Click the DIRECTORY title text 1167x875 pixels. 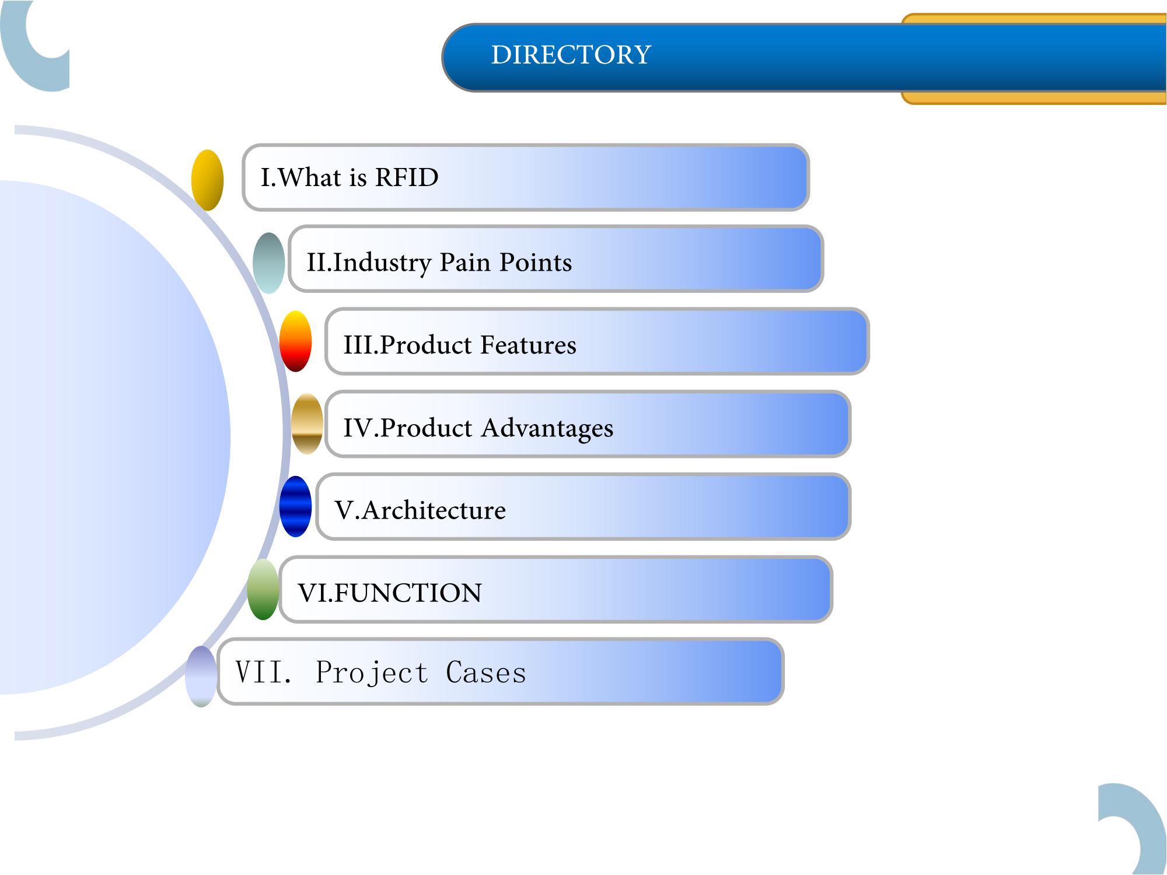[x=571, y=55]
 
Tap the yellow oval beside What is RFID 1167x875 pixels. [x=207, y=180]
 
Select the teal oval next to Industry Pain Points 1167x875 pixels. [x=269, y=262]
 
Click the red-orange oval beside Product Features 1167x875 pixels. [x=295, y=341]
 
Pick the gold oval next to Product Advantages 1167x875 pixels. [x=307, y=424]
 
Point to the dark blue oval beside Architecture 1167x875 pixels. [x=295, y=506]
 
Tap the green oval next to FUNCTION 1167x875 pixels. [x=263, y=589]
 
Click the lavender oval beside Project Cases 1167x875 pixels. [x=201, y=676]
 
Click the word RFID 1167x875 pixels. [x=406, y=177]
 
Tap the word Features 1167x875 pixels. [x=529, y=345]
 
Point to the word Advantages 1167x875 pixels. [x=547, y=429]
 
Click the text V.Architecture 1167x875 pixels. [x=420, y=510]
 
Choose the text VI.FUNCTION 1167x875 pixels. [x=390, y=593]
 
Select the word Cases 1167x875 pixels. [x=486, y=673]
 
